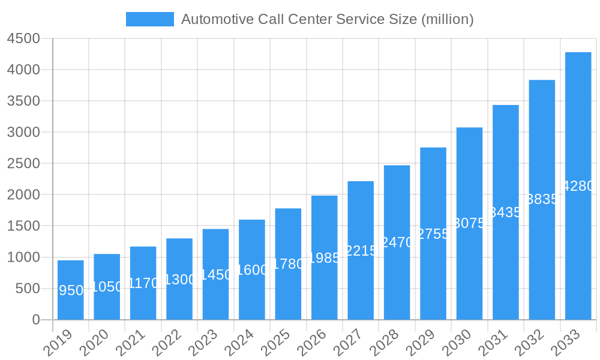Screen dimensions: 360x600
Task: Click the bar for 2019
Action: click(70, 290)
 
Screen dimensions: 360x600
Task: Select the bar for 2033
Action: click(578, 186)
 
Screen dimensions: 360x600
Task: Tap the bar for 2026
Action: click(324, 257)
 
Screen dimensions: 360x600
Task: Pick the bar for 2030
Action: click(469, 223)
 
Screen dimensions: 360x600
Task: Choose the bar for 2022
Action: click(179, 279)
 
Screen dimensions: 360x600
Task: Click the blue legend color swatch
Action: click(149, 19)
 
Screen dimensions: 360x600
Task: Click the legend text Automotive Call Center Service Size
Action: click(327, 19)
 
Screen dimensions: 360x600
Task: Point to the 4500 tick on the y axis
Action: click(23, 38)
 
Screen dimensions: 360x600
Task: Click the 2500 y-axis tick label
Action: click(23, 163)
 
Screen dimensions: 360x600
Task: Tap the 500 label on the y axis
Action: click(27, 289)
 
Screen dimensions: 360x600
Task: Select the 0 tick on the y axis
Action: click(35, 320)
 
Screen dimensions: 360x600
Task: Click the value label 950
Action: click(71, 290)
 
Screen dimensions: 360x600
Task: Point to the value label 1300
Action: click(179, 280)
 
